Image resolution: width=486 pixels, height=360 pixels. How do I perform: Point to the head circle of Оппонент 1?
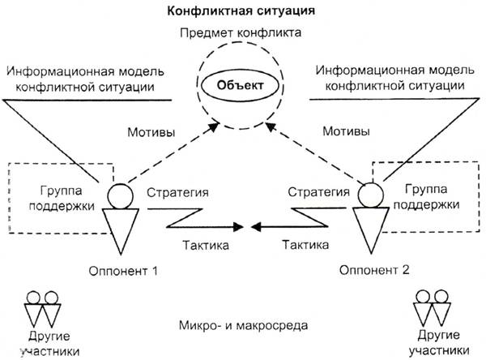point(122,194)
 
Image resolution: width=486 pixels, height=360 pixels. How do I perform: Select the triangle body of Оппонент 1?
point(122,226)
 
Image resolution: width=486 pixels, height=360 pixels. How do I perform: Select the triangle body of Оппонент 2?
point(369,226)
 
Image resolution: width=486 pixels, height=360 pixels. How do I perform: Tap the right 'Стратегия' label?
point(315,193)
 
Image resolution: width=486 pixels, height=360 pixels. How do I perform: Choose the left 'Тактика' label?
point(199,243)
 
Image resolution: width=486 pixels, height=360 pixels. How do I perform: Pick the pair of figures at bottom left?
point(42,306)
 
